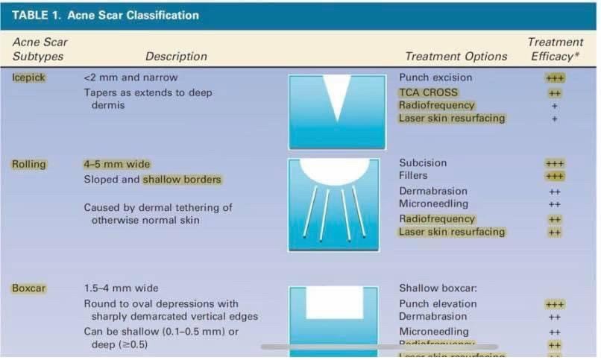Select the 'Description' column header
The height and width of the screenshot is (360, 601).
176,56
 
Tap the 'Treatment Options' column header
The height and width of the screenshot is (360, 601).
456,56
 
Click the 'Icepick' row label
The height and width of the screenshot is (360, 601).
28,78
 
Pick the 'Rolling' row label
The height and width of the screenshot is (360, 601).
29,164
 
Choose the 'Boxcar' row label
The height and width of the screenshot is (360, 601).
28,288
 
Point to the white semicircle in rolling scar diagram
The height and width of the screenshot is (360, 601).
339,170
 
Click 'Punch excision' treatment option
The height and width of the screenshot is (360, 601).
435,78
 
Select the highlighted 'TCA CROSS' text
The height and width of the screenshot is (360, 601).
428,92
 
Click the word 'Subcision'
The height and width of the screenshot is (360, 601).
423,162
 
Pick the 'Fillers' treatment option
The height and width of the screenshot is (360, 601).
413,176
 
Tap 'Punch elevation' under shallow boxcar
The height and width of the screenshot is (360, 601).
438,303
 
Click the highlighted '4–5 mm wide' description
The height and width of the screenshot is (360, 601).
116,164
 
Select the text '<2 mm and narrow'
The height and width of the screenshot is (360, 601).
130,78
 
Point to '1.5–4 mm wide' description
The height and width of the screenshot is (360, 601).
121,288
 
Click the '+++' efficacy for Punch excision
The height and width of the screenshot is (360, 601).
555,78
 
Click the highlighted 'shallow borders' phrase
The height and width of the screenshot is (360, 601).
182,180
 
